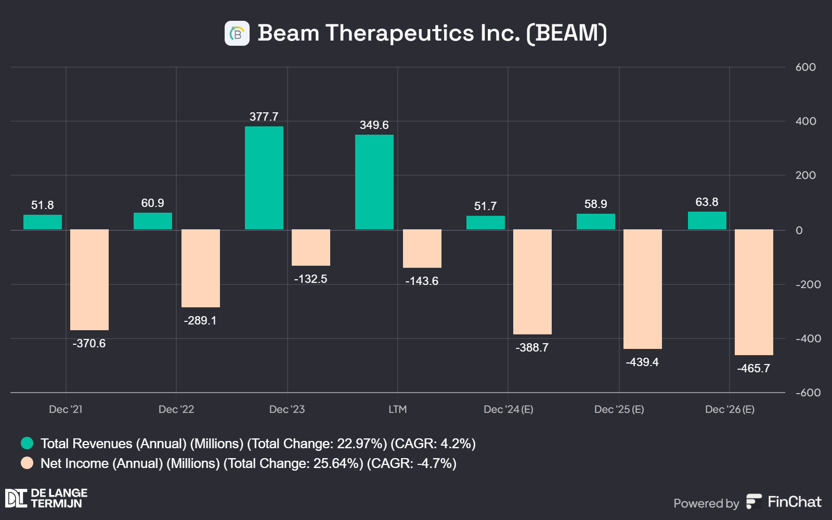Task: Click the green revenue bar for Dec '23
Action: [264, 178]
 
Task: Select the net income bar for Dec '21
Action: [89, 279]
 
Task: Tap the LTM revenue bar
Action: [374, 182]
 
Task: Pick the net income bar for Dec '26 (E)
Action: [754, 292]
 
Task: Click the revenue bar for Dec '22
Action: [153, 221]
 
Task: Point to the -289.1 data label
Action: [200, 320]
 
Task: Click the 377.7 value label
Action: [264, 116]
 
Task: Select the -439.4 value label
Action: [642, 362]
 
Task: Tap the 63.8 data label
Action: [707, 202]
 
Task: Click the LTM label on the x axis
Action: [398, 409]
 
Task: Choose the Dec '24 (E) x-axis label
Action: [509, 409]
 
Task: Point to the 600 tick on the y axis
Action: [805, 67]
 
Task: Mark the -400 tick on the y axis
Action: [808, 339]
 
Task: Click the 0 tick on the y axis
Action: [799, 230]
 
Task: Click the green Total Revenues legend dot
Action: [27, 443]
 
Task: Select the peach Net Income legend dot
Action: [27, 463]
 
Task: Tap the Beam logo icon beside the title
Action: [237, 33]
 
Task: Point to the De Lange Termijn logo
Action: [46, 498]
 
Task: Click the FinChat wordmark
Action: [794, 502]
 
